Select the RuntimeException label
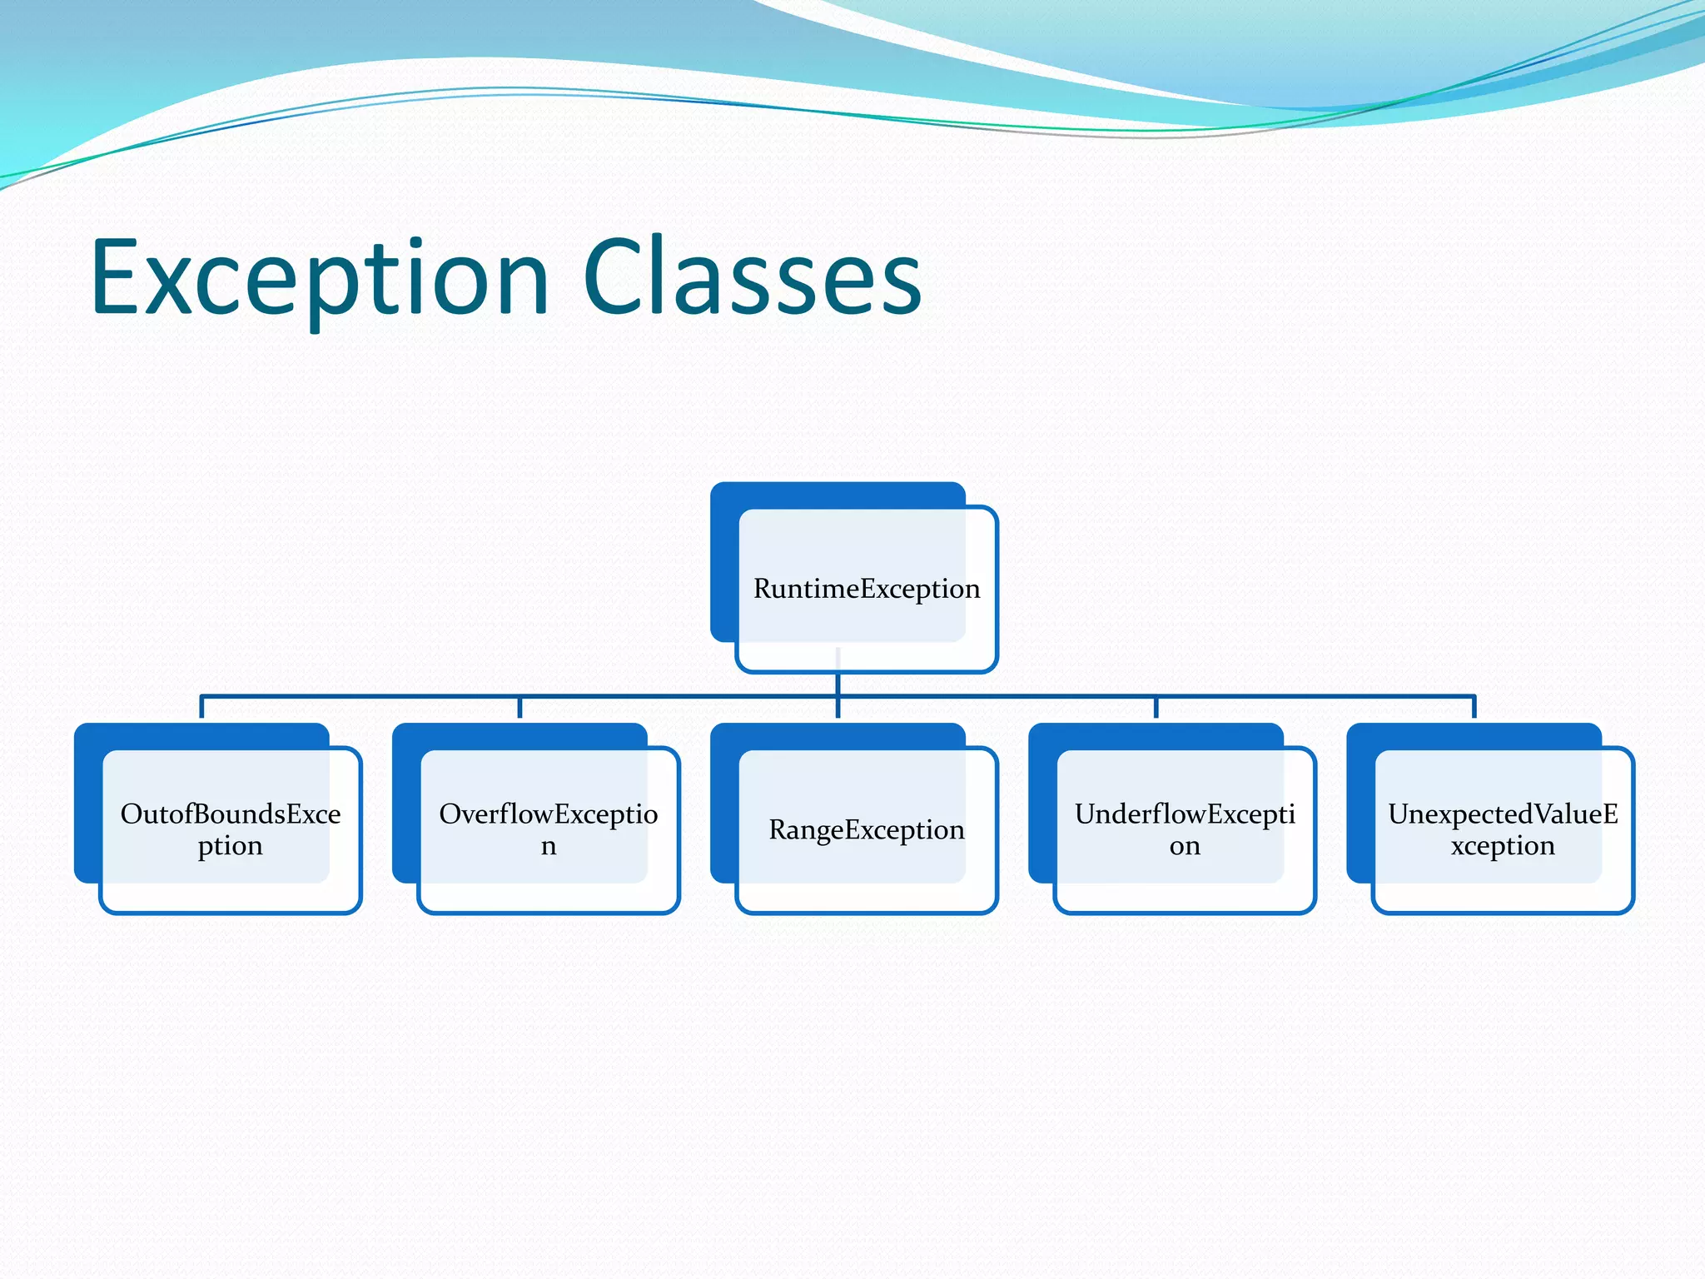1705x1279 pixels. pos(867,589)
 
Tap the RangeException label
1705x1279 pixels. pos(867,829)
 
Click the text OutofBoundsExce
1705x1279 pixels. pos(231,814)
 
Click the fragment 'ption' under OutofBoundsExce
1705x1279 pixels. pos(231,846)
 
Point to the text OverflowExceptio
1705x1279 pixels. pos(549,814)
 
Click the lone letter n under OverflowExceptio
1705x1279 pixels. pos(549,847)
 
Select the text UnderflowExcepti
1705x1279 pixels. pos(1185,814)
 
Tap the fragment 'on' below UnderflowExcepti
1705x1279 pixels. pos(1185,847)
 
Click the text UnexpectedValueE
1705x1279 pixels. pos(1503,814)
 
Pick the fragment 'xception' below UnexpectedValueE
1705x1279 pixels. pos(1503,846)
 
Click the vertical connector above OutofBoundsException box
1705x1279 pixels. pos(201,707)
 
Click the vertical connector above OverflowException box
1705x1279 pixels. pos(519,707)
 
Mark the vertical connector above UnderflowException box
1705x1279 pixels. pos(1156,707)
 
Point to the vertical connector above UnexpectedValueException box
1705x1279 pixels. pos(1474,707)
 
